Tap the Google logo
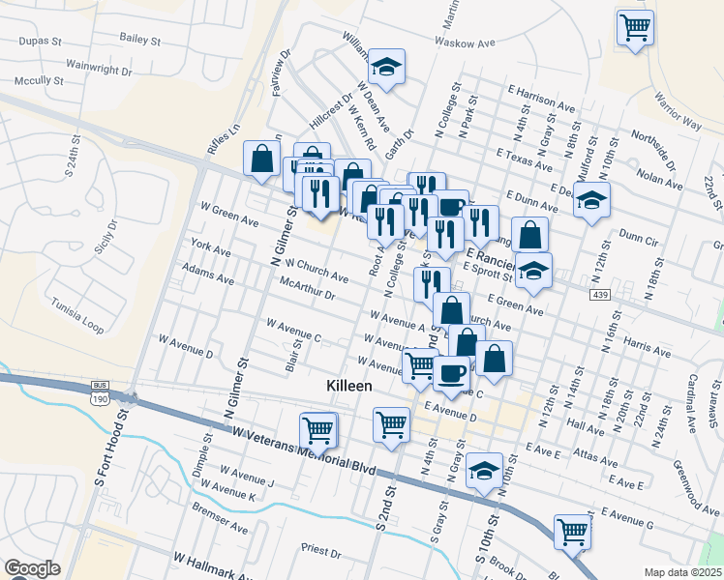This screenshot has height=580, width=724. click(31, 568)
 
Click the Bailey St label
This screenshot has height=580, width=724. click(139, 40)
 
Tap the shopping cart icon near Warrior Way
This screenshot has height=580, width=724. click(635, 27)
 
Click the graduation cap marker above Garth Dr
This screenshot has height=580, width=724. click(387, 66)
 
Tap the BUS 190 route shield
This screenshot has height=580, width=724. click(100, 391)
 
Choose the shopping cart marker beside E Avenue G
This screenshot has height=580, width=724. click(572, 530)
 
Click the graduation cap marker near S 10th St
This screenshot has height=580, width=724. click(484, 471)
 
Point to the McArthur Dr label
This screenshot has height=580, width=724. click(306, 288)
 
